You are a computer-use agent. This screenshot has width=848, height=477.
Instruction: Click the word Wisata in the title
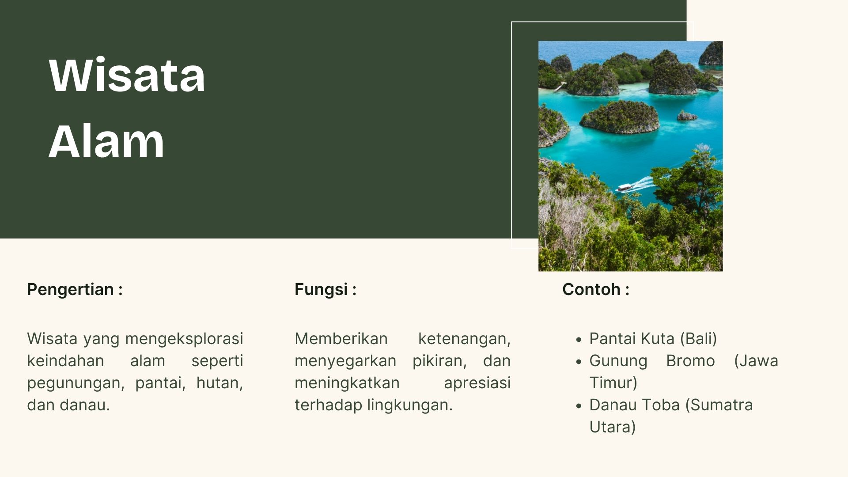127,75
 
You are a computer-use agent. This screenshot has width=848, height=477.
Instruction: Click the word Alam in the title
106,141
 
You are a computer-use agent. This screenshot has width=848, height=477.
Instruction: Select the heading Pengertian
71,290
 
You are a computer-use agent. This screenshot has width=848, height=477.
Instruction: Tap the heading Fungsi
321,290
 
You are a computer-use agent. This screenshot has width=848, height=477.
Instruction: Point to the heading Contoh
591,289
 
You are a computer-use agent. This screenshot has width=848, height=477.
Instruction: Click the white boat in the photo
624,187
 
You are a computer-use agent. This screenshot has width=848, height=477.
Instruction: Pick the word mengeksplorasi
184,339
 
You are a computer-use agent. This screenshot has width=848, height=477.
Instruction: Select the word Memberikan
341,339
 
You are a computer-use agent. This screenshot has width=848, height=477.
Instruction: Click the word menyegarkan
345,361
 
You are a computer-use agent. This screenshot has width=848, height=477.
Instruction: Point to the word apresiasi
477,383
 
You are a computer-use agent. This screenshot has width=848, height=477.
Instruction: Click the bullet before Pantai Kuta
579,340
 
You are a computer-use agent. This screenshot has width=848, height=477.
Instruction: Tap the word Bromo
690,361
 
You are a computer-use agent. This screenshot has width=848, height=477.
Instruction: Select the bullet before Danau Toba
579,406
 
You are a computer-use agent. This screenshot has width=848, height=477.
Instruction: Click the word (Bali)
698,339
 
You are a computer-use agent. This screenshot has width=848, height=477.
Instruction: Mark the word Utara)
613,427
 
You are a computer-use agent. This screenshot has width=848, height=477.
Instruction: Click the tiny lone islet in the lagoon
687,116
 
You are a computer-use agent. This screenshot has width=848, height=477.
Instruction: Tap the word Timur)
613,383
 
